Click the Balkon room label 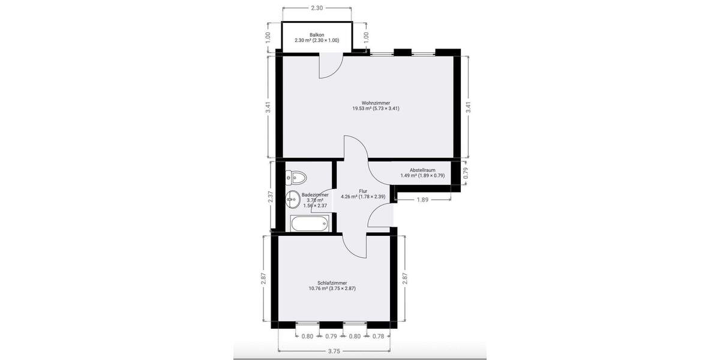pos(317,35)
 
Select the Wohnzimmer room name pos(376,103)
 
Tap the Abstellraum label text pos(422,170)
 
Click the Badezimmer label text pos(315,195)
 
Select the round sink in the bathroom pos(293,197)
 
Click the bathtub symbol pos(309,224)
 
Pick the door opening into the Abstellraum pos(379,174)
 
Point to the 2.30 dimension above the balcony pos(317,8)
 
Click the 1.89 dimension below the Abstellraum pos(422,200)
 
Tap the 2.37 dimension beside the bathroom pos(271,196)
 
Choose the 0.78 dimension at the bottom pos(378,336)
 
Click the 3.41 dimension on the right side pos(468,107)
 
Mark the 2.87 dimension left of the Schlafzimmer pos(263,280)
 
